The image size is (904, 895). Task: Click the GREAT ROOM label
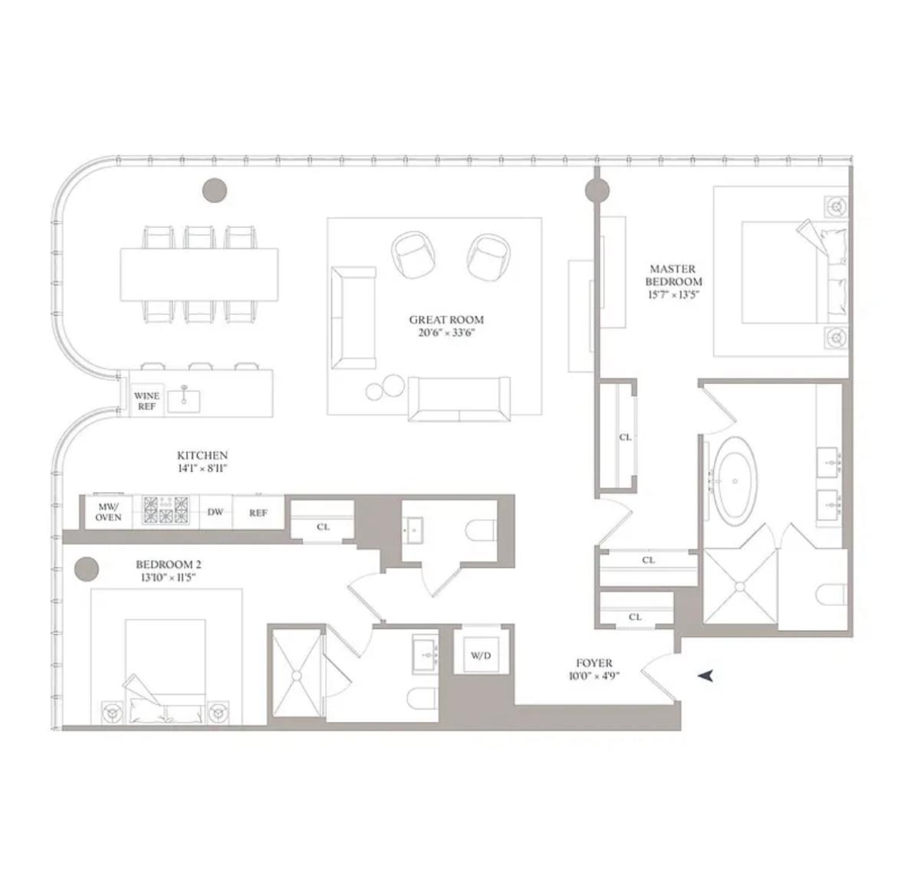(x=446, y=320)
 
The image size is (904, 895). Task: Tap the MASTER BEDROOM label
(x=673, y=276)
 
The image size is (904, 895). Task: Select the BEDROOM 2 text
(x=169, y=565)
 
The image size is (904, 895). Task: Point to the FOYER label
(x=593, y=664)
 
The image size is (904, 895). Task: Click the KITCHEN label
(x=202, y=455)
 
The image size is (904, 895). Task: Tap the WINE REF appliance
(x=146, y=401)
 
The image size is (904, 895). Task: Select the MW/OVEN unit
(x=108, y=512)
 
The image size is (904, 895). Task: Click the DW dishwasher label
(x=215, y=512)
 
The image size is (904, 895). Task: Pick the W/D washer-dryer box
(x=481, y=655)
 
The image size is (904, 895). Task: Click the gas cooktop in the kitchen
(x=166, y=510)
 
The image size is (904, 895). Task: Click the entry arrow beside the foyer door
(x=705, y=675)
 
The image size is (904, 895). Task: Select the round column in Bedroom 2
(x=87, y=569)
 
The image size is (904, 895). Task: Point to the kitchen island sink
(x=184, y=401)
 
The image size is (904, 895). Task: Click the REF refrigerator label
(x=258, y=513)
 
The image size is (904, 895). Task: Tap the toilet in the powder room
(x=481, y=530)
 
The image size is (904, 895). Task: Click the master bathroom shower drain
(x=740, y=586)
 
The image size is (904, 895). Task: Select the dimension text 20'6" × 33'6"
(x=446, y=333)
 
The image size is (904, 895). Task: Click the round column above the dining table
(x=215, y=189)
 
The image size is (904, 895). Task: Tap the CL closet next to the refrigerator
(x=323, y=526)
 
